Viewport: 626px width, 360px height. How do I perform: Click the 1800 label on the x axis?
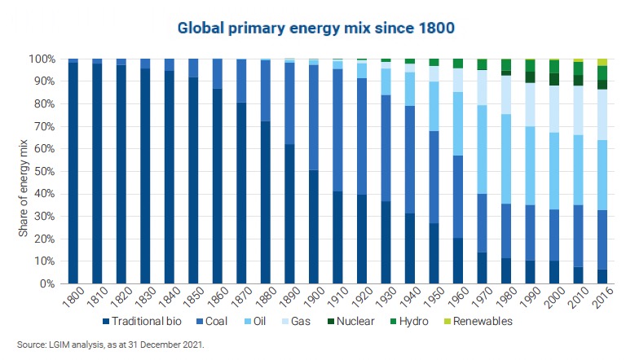point(70,299)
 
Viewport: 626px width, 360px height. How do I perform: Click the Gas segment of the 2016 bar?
point(602,115)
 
